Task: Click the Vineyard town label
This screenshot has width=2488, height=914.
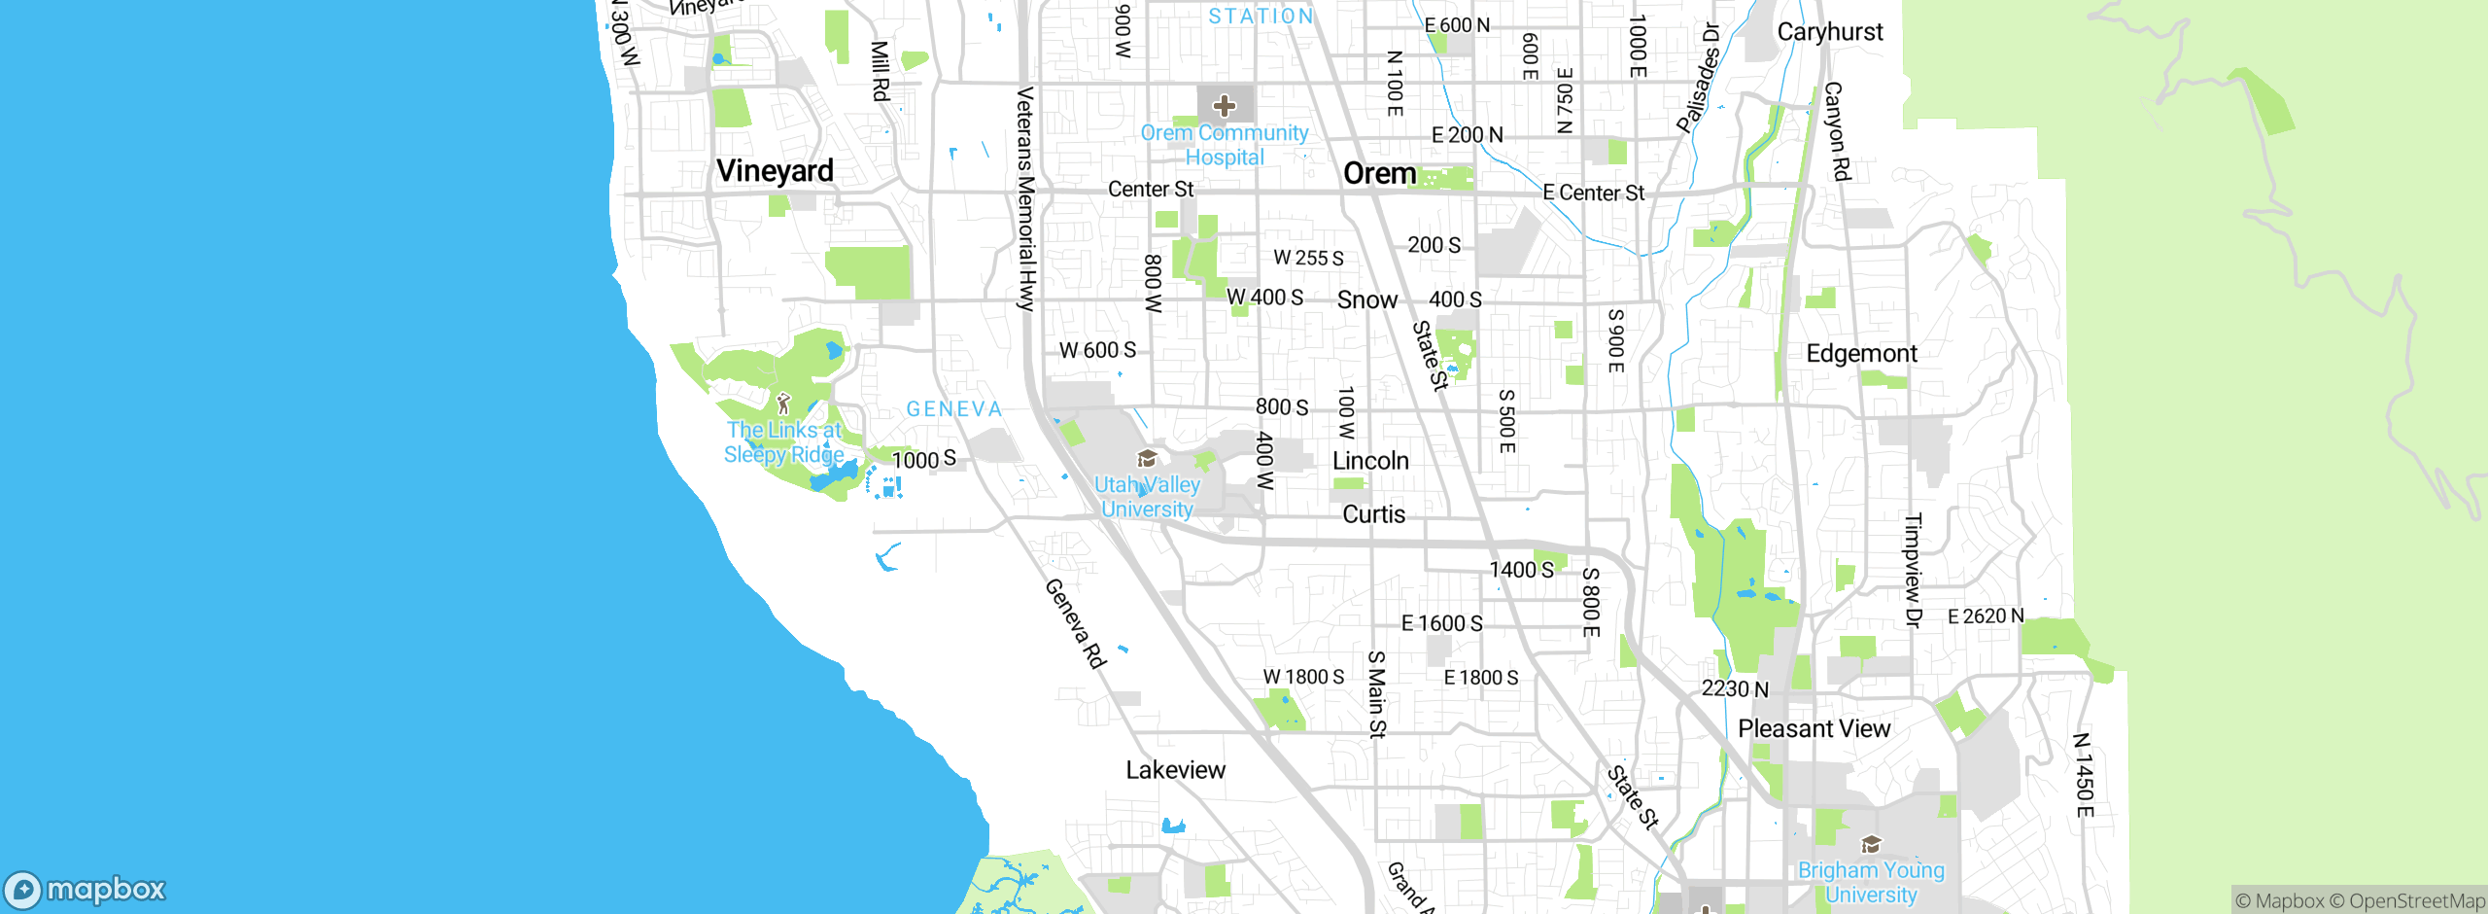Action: (x=775, y=171)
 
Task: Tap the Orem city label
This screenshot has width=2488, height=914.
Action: (x=1379, y=174)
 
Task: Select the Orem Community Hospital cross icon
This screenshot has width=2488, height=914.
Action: (x=1225, y=105)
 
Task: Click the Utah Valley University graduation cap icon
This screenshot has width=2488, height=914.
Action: (x=1147, y=459)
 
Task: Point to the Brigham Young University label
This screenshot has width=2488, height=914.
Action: (x=1871, y=882)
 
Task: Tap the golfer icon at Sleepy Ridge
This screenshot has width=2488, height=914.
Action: (x=783, y=404)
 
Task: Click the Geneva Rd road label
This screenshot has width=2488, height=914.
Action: (x=1075, y=623)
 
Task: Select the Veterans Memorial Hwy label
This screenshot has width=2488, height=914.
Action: (x=1025, y=199)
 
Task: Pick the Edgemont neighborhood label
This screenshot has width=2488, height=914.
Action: (x=1861, y=354)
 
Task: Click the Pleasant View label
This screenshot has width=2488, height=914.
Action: (x=1814, y=729)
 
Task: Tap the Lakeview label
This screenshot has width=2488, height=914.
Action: (x=1175, y=770)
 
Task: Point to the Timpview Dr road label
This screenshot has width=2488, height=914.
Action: (x=1913, y=571)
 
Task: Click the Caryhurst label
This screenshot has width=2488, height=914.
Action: (x=1829, y=32)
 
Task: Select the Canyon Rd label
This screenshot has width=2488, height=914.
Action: (x=1837, y=131)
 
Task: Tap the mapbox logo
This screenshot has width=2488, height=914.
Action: (x=86, y=890)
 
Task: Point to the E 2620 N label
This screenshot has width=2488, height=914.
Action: (x=1986, y=616)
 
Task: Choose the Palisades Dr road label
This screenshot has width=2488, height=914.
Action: (x=1698, y=78)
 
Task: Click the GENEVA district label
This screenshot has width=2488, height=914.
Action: (x=953, y=409)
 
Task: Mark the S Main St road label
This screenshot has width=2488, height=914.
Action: (x=1376, y=694)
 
